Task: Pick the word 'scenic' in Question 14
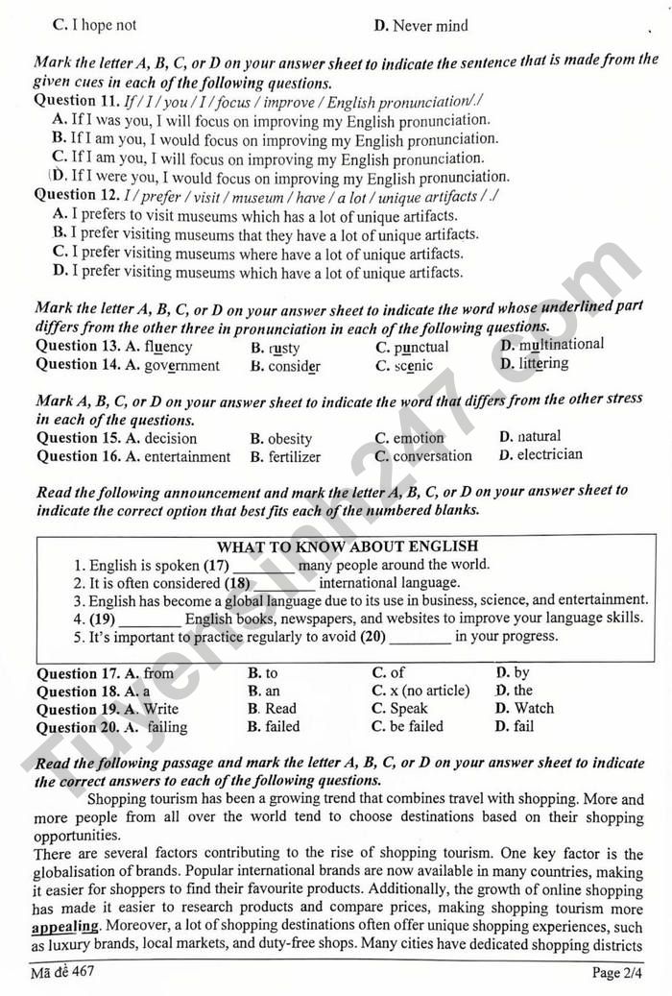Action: [x=413, y=365]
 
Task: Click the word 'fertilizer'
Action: [x=295, y=457]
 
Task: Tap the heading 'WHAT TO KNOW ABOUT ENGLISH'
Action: [x=348, y=547]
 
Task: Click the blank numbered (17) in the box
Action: [x=262, y=566]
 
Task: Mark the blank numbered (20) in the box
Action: [x=420, y=637]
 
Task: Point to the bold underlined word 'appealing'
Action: [x=65, y=927]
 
